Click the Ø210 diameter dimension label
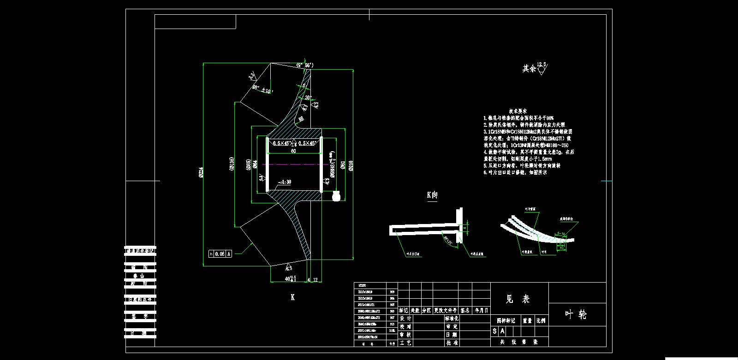pyautogui.click(x=351, y=165)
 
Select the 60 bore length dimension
pyautogui.click(x=293, y=151)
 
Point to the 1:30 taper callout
pyautogui.click(x=285, y=182)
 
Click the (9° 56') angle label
pyautogui.click(x=305, y=65)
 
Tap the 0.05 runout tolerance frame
pyautogui.click(x=220, y=254)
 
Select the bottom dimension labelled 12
pyautogui.click(x=315, y=279)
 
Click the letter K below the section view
pyautogui.click(x=292, y=297)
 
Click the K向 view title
pyautogui.click(x=432, y=195)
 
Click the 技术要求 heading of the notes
pyautogui.click(x=519, y=111)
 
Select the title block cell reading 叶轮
pyautogui.click(x=576, y=314)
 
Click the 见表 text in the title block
pyautogui.click(x=518, y=299)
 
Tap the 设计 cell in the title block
pyautogui.click(x=405, y=319)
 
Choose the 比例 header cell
pyautogui.click(x=541, y=320)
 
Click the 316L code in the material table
pyautogui.click(x=392, y=330)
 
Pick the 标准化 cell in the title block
pyautogui.click(x=451, y=319)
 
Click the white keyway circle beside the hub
pyautogui.click(x=337, y=196)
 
